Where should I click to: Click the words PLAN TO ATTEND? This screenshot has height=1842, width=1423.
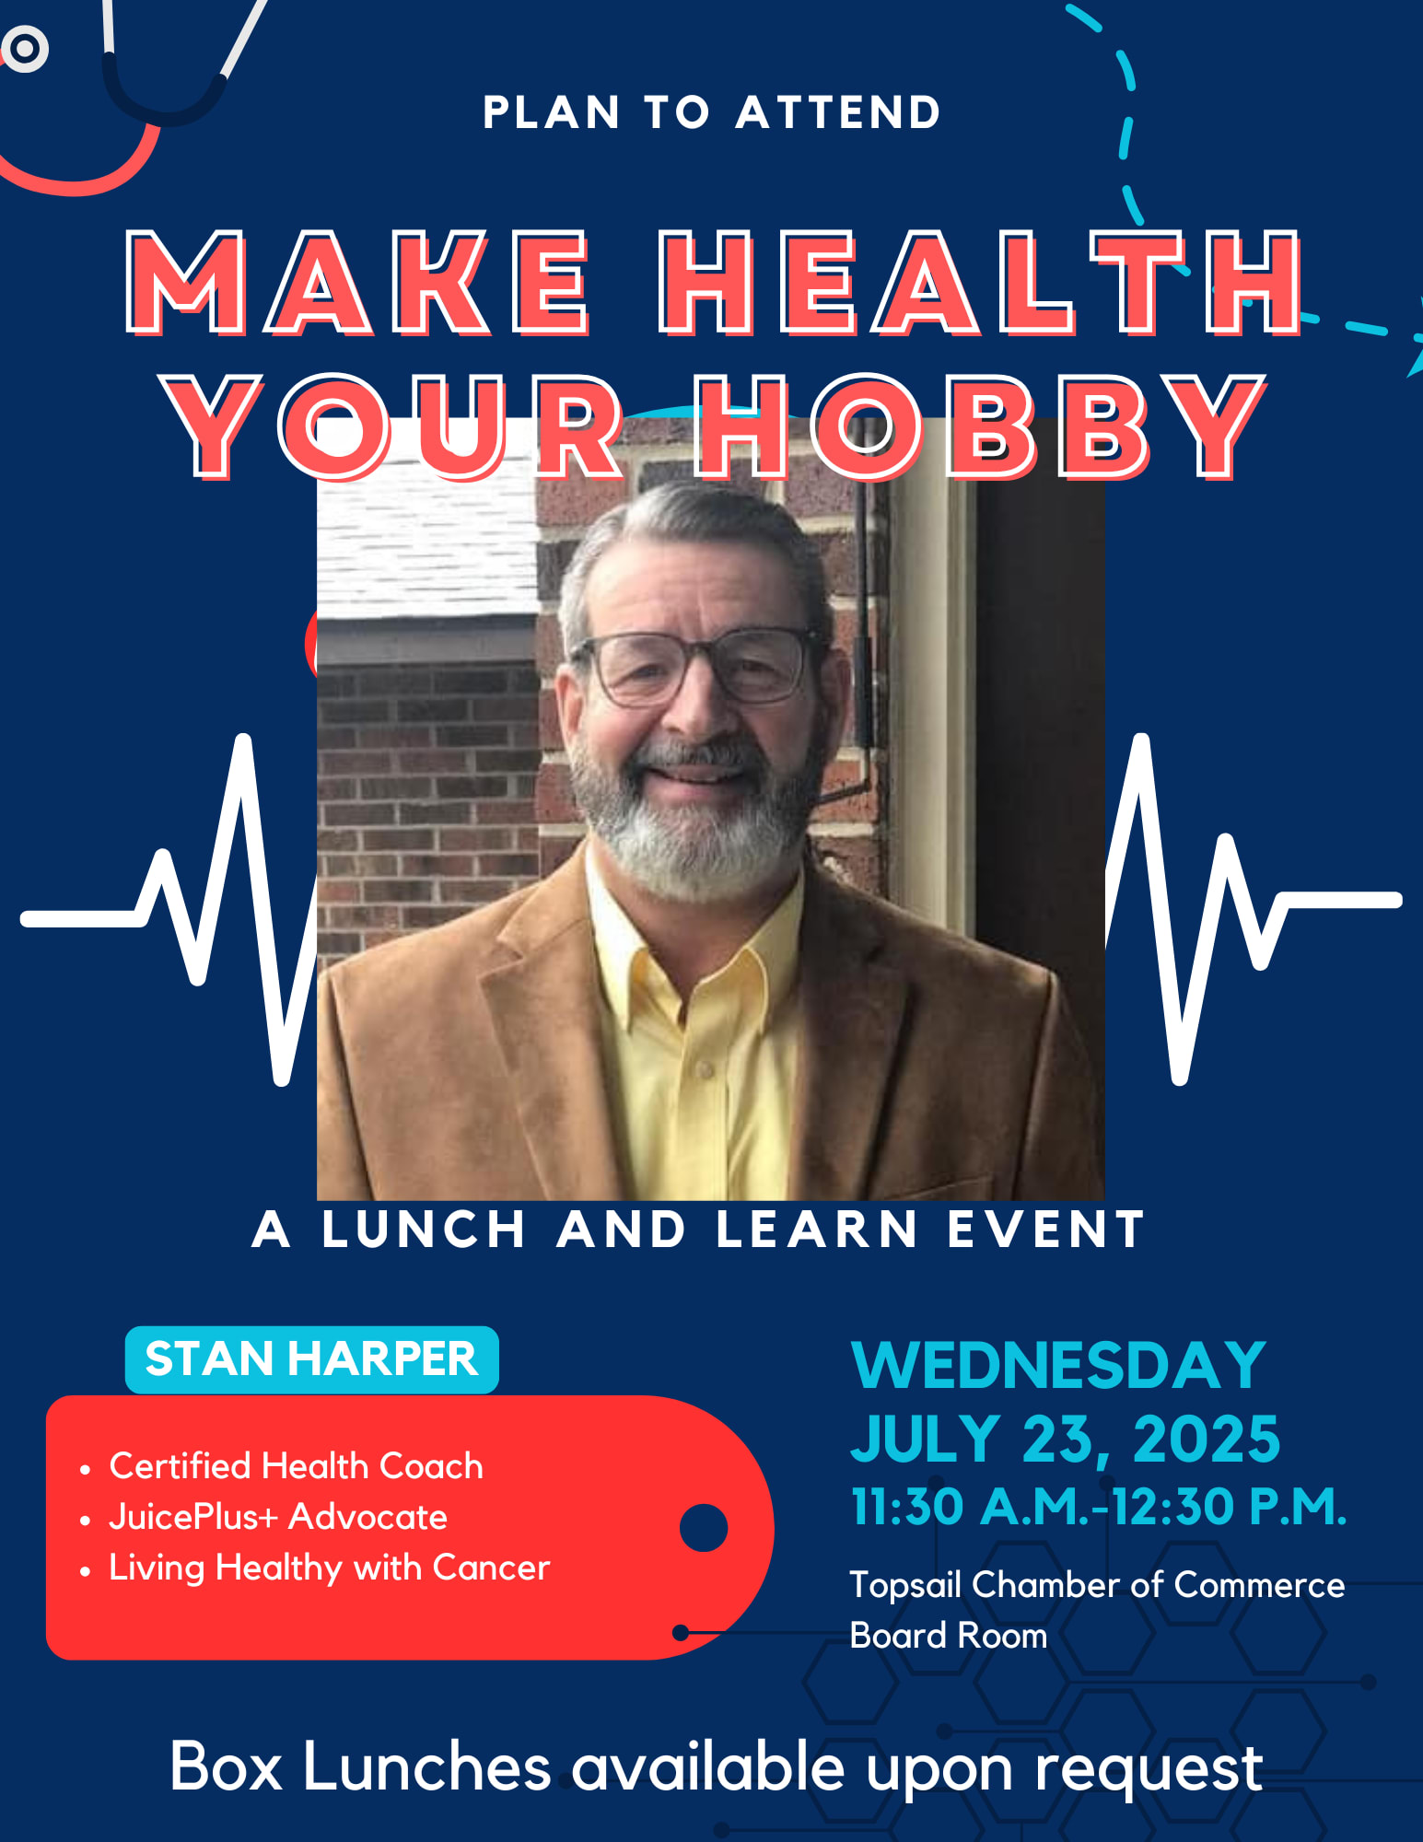tap(711, 112)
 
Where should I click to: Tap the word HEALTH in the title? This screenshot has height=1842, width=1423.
tap(981, 282)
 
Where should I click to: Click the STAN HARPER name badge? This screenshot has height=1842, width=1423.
tap(312, 1359)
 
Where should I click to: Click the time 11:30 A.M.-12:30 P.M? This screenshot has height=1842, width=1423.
tap(1099, 1507)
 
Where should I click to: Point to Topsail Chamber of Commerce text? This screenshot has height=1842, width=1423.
tap(1097, 1585)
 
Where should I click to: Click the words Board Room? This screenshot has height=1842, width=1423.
tap(949, 1636)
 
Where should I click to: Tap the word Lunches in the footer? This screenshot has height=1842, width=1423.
tap(426, 1766)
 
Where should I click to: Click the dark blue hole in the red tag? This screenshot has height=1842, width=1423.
tap(704, 1528)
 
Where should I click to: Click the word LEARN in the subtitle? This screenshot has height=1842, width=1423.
tap(816, 1230)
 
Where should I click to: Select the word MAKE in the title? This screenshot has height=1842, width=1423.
tap(357, 282)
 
